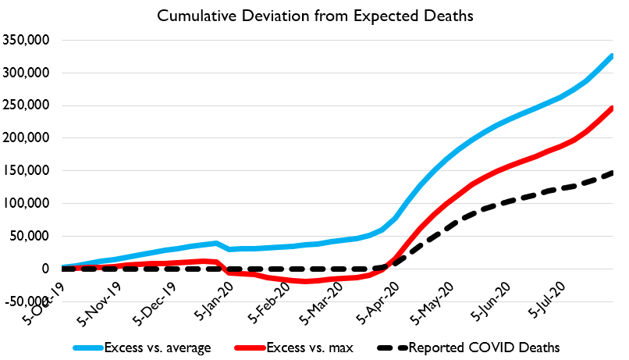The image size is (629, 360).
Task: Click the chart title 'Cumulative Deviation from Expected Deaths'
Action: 314,16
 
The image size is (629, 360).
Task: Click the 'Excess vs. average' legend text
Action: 161,347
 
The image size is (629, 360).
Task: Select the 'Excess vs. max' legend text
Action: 304,347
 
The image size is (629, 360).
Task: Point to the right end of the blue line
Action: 613,55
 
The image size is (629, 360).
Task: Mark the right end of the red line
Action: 613,108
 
